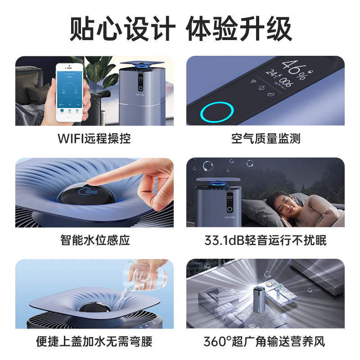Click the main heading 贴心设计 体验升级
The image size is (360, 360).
180,29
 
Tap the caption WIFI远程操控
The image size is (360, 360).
94,139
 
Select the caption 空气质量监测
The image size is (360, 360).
265,139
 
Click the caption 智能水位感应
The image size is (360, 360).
94,240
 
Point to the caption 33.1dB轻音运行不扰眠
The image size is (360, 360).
265,240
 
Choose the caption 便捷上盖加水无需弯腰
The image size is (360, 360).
94,342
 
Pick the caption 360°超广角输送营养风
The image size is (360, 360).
265,342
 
